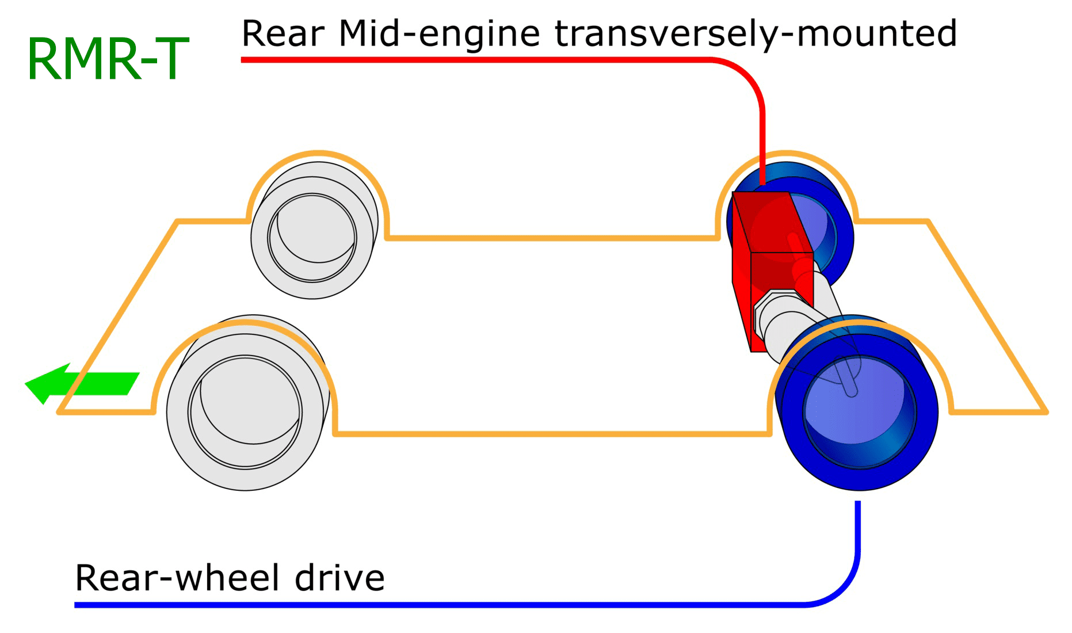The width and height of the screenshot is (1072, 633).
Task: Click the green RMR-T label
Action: pos(108,59)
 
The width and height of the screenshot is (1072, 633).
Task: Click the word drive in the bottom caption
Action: pos(339,578)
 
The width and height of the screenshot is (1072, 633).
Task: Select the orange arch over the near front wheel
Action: pos(245,325)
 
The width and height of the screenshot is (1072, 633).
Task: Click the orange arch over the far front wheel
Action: pos(318,154)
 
